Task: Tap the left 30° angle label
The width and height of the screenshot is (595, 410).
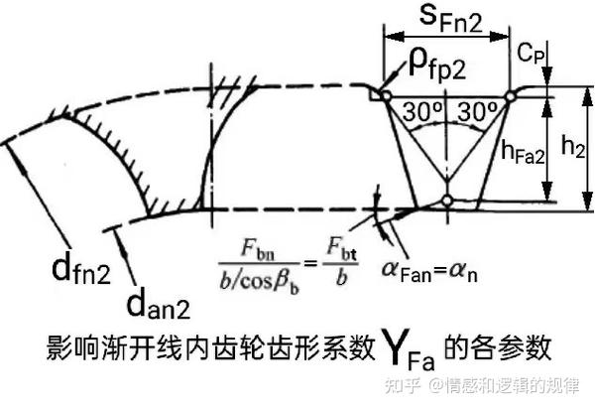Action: click(x=420, y=112)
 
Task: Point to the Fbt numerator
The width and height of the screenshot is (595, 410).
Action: click(x=335, y=245)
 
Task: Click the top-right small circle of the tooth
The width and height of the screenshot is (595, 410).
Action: click(x=509, y=95)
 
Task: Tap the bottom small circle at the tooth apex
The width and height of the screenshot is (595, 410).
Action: click(x=447, y=203)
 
